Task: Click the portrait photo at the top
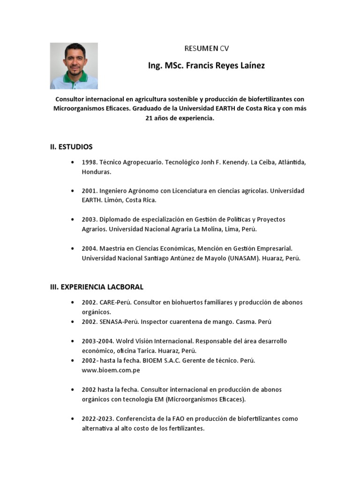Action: point(74,66)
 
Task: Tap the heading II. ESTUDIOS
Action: point(71,147)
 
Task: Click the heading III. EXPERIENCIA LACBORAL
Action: point(97,287)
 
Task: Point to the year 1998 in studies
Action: point(89,162)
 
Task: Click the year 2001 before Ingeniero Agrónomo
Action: point(89,191)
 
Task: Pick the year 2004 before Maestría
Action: point(89,248)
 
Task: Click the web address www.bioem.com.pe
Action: point(111,370)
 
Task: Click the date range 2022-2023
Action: point(97,419)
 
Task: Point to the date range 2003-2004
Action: point(97,341)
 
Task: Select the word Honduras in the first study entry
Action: point(97,172)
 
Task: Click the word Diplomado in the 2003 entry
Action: point(117,219)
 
